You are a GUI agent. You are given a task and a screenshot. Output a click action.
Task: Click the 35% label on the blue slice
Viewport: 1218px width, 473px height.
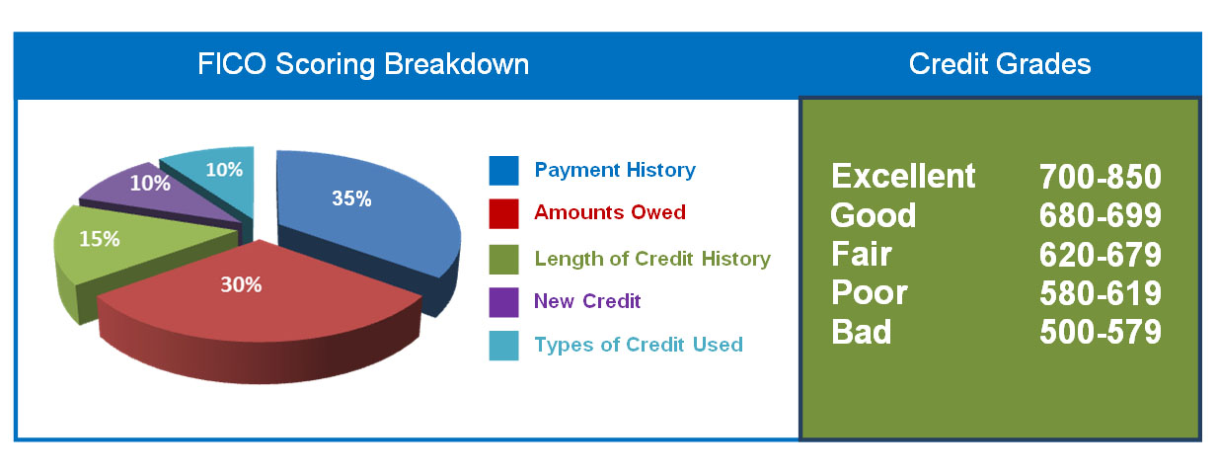click(351, 198)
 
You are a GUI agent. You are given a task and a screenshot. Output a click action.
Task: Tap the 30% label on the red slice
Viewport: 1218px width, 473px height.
click(241, 284)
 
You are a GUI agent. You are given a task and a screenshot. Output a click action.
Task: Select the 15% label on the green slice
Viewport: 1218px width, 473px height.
click(100, 238)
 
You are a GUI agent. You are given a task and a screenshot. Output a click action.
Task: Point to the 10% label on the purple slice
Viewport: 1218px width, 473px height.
click(150, 183)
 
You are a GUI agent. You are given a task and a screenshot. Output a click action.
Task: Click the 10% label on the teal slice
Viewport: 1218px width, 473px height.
click(224, 169)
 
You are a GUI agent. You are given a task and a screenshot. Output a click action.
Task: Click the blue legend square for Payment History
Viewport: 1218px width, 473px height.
click(503, 171)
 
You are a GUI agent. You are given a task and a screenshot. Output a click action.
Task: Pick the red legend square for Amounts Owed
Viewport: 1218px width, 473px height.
click(503, 214)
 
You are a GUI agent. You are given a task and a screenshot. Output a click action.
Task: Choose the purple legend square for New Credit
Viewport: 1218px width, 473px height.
click(503, 302)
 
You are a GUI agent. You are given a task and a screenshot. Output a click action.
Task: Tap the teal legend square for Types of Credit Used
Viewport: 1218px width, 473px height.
click(503, 346)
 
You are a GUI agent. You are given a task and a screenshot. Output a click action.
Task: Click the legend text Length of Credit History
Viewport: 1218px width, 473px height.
click(652, 259)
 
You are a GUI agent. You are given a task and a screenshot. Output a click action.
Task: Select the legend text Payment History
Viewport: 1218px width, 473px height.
click(615, 171)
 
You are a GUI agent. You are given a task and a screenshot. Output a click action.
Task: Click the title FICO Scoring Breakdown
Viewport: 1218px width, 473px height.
click(363, 64)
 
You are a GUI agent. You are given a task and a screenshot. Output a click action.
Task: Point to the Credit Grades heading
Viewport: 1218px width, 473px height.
click(1000, 63)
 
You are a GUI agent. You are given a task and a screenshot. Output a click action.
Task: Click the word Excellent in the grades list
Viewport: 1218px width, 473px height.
click(903, 176)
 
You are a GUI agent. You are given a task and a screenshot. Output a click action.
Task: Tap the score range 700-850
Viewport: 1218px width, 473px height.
click(1100, 177)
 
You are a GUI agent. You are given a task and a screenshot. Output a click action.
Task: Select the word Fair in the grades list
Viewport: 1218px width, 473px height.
click(862, 254)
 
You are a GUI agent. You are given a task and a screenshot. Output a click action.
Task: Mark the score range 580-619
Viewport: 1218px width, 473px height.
click(1100, 293)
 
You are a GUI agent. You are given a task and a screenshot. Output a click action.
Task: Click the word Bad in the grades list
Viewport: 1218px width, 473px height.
click(862, 332)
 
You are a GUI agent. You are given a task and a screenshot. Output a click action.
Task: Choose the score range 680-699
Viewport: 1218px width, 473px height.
click(1100, 215)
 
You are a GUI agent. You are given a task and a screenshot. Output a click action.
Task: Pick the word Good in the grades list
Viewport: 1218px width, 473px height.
click(874, 215)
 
